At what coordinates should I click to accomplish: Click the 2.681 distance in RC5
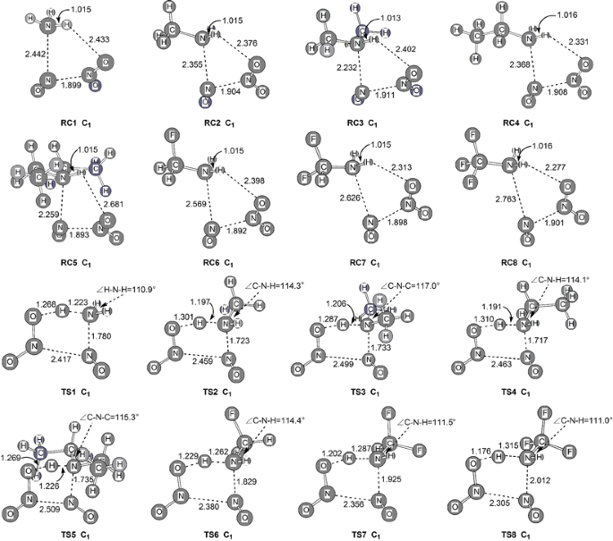click(113, 205)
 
